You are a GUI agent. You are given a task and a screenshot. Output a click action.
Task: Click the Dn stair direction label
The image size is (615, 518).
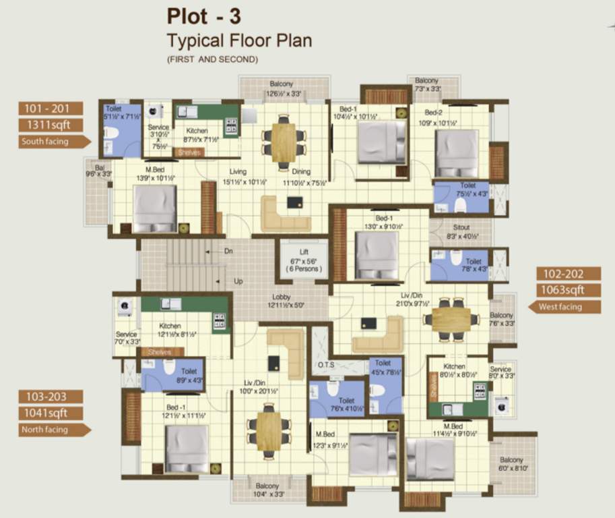coord(229,251)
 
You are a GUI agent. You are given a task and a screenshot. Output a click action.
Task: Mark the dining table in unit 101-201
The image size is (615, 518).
coord(284,142)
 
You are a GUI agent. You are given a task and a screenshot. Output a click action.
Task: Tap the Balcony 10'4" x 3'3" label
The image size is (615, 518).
coord(267,490)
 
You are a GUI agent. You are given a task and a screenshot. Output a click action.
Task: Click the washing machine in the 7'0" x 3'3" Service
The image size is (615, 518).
coord(125,308)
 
